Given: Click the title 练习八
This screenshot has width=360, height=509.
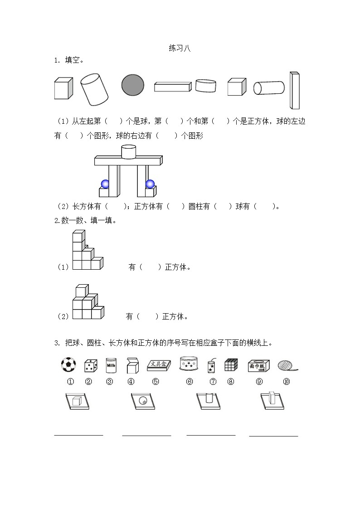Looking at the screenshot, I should tap(180, 49).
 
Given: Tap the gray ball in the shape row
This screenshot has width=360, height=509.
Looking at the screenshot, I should tap(133, 85).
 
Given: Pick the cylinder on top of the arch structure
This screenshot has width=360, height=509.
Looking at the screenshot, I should tap(129, 152).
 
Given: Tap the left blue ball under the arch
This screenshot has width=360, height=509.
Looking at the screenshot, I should tap(105, 184).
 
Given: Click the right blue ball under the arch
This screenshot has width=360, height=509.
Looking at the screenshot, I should tap(150, 184).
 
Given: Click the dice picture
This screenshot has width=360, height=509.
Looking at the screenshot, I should tap(90, 366).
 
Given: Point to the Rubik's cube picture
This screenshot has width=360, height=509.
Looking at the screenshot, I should tap(231, 365).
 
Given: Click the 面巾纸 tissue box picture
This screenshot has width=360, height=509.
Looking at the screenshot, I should tap(259, 366).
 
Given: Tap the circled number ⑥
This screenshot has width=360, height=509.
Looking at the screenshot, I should tap(190, 382).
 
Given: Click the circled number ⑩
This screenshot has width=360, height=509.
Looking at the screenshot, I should tap(286, 382).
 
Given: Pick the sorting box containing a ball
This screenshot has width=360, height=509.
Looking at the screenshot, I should tap(143, 401).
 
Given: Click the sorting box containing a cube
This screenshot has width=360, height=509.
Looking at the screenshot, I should tap(77, 401).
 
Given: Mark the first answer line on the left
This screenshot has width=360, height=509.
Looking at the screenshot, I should tap(79, 436).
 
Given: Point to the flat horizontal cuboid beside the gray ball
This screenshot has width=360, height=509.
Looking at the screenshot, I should tap(174, 87).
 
